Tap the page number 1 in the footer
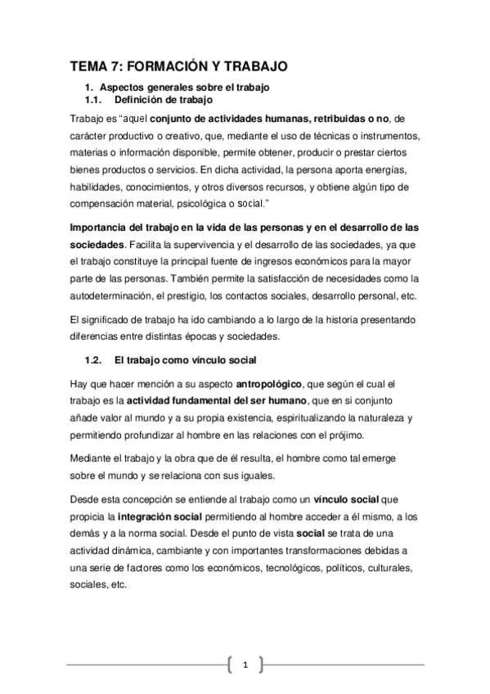coord(245,664)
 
